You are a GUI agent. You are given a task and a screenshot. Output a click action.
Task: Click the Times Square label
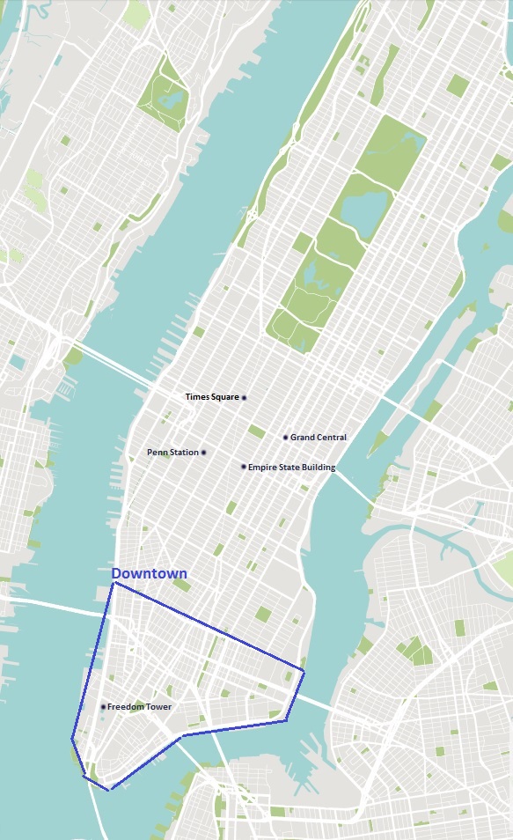click(x=212, y=397)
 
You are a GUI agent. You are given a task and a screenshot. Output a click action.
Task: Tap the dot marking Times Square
click(x=245, y=398)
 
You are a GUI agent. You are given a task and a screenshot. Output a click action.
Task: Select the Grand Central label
click(x=319, y=438)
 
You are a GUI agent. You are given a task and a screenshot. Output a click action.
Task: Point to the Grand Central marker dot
click(x=286, y=438)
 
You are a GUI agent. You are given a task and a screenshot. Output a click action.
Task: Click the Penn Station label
click(x=172, y=453)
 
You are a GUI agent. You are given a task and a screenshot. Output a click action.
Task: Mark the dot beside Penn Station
click(x=203, y=453)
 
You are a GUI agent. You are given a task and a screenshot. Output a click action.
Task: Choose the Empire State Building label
click(x=291, y=468)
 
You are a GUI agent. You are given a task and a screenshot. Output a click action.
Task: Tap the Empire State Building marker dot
click(x=244, y=467)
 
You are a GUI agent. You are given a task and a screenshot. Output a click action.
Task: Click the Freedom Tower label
click(x=139, y=707)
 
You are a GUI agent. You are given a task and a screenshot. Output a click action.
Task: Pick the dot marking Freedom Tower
click(x=103, y=707)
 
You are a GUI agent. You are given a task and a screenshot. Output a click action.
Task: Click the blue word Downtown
click(x=149, y=573)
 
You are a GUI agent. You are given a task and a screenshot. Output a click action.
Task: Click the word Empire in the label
click(x=262, y=468)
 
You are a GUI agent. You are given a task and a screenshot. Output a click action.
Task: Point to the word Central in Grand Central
click(x=332, y=438)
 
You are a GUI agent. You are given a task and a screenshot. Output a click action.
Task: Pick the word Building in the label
click(x=318, y=468)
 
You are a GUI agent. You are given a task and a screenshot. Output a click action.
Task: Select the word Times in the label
click(x=196, y=397)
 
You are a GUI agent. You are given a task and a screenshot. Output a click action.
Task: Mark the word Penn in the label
click(x=157, y=453)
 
